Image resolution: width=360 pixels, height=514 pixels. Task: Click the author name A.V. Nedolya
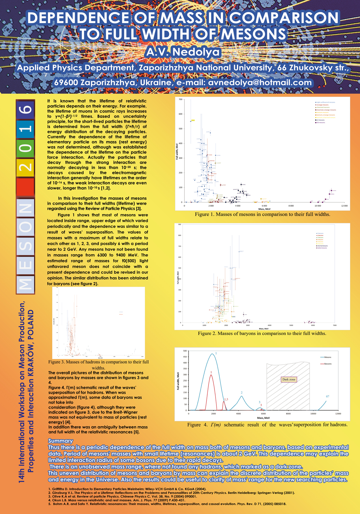pyautogui.click(x=183, y=52)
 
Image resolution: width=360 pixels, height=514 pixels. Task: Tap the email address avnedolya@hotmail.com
pyautogui.click(x=260, y=82)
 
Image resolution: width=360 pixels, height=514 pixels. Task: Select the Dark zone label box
pyautogui.click(x=289, y=379)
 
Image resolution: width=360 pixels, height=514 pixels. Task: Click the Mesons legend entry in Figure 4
pyautogui.click(x=327, y=357)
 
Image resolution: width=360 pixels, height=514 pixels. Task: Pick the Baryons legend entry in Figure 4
pyautogui.click(x=327, y=364)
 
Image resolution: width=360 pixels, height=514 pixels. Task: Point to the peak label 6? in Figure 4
pyautogui.click(x=328, y=396)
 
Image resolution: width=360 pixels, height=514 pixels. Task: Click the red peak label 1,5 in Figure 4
pyautogui.click(x=226, y=399)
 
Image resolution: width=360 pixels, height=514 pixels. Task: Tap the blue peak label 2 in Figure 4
pyautogui.click(x=242, y=393)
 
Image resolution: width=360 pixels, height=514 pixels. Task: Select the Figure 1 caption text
pyautogui.click(x=262, y=214)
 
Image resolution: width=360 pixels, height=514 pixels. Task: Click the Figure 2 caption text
pyautogui.click(x=262, y=333)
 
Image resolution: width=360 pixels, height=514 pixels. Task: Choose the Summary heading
pyautogui.click(x=60, y=441)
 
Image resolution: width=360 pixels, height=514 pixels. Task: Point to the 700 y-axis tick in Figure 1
pyautogui.click(x=180, y=99)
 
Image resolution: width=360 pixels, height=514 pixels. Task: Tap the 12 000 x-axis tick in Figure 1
pyautogui.click(x=344, y=206)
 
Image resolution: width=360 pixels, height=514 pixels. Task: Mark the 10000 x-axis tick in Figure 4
pyautogui.click(x=313, y=414)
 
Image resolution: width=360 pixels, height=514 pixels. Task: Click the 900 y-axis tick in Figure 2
pyautogui.click(x=180, y=224)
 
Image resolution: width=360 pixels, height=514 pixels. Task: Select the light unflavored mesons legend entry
pyautogui.click(x=326, y=102)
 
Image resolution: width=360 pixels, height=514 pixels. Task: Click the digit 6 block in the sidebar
pyautogui.click(x=26, y=110)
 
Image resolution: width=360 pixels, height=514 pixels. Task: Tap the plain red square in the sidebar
pyautogui.click(x=26, y=187)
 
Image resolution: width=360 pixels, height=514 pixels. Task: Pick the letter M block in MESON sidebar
pyautogui.click(x=26, y=284)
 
